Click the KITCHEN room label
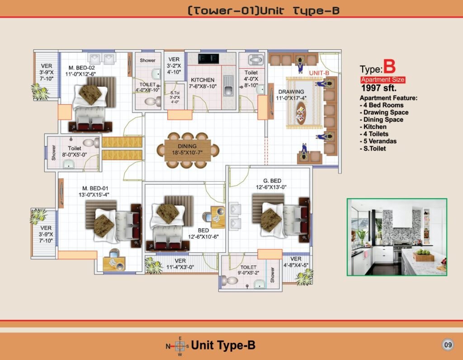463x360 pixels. (202, 80)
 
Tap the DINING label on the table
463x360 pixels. (187, 146)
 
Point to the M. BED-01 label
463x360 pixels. (95, 188)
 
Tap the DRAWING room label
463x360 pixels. (291, 92)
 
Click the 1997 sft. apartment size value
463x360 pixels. (379, 88)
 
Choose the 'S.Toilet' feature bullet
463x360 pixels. (373, 148)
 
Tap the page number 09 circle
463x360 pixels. (448, 345)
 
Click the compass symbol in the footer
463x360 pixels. (180, 346)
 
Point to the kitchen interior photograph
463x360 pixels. (397, 237)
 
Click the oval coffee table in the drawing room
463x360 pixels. (301, 113)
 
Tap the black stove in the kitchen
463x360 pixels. (209, 59)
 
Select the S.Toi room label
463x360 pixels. (175, 93)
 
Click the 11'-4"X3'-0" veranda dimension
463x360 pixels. (180, 267)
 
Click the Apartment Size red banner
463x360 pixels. (383, 80)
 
